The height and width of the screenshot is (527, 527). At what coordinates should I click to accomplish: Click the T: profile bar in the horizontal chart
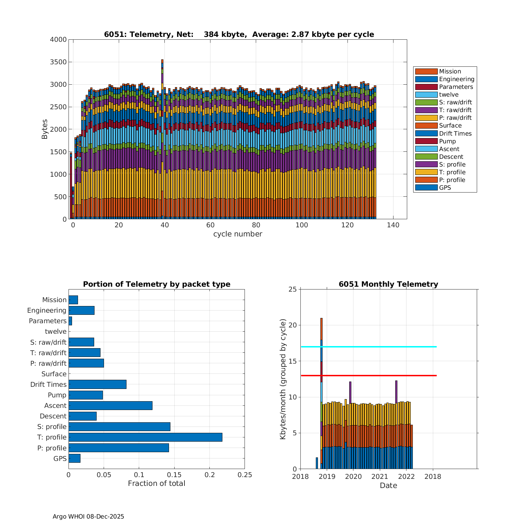coord(145,437)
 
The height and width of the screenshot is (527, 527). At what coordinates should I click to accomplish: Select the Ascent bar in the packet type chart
coord(110,405)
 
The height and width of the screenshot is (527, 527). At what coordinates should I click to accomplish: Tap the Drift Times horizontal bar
coord(97,384)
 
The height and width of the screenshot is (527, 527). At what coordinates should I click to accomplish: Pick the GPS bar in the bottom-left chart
coord(74,458)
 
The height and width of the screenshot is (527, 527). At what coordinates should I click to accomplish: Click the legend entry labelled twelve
coord(449,95)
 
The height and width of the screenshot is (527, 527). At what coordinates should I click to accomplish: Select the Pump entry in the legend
coord(447,141)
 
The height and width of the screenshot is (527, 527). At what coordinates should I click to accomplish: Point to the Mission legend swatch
coord(426,71)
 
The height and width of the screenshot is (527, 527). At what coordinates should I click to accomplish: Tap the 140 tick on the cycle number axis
coord(393,225)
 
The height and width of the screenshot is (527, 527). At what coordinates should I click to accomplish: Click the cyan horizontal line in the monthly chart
coord(369,347)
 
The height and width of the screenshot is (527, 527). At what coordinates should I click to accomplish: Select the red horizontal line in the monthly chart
coord(369,376)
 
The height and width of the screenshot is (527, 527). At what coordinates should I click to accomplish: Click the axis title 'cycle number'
coord(238,234)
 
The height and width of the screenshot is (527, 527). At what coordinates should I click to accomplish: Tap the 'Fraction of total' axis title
coord(156,483)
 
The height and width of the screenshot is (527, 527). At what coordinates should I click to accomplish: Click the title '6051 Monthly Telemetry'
coord(388,284)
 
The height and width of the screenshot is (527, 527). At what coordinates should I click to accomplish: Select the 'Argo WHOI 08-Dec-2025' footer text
coord(88,516)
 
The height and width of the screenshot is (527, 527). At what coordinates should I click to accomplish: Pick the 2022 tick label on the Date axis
coord(406,476)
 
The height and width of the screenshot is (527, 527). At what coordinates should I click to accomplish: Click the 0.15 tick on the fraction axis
coord(174,475)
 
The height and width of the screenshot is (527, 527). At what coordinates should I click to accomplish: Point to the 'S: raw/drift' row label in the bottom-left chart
coord(48,342)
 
